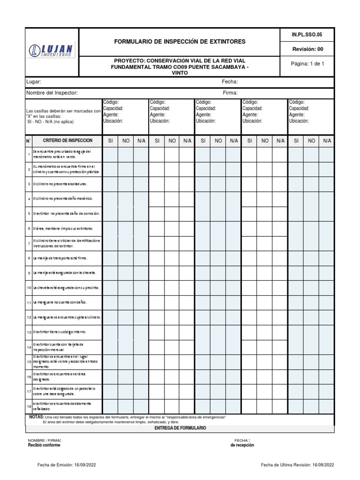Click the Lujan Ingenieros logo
[x=52, y=51]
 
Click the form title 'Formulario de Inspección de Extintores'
[x=180, y=42]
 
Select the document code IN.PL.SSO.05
[x=307, y=34]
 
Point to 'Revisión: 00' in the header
[x=307, y=49]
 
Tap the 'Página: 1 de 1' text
[x=307, y=64]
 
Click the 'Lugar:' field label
[x=34, y=82]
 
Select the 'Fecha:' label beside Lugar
[x=230, y=82]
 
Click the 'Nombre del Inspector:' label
[x=52, y=93]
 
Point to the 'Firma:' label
[x=230, y=93]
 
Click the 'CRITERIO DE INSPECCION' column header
[x=67, y=141]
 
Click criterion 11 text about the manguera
[x=60, y=302]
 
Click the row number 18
[x=29, y=406]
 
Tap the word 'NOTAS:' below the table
[x=37, y=417]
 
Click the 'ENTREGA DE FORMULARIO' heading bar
[x=180, y=428]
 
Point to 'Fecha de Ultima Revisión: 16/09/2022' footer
[x=297, y=465]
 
